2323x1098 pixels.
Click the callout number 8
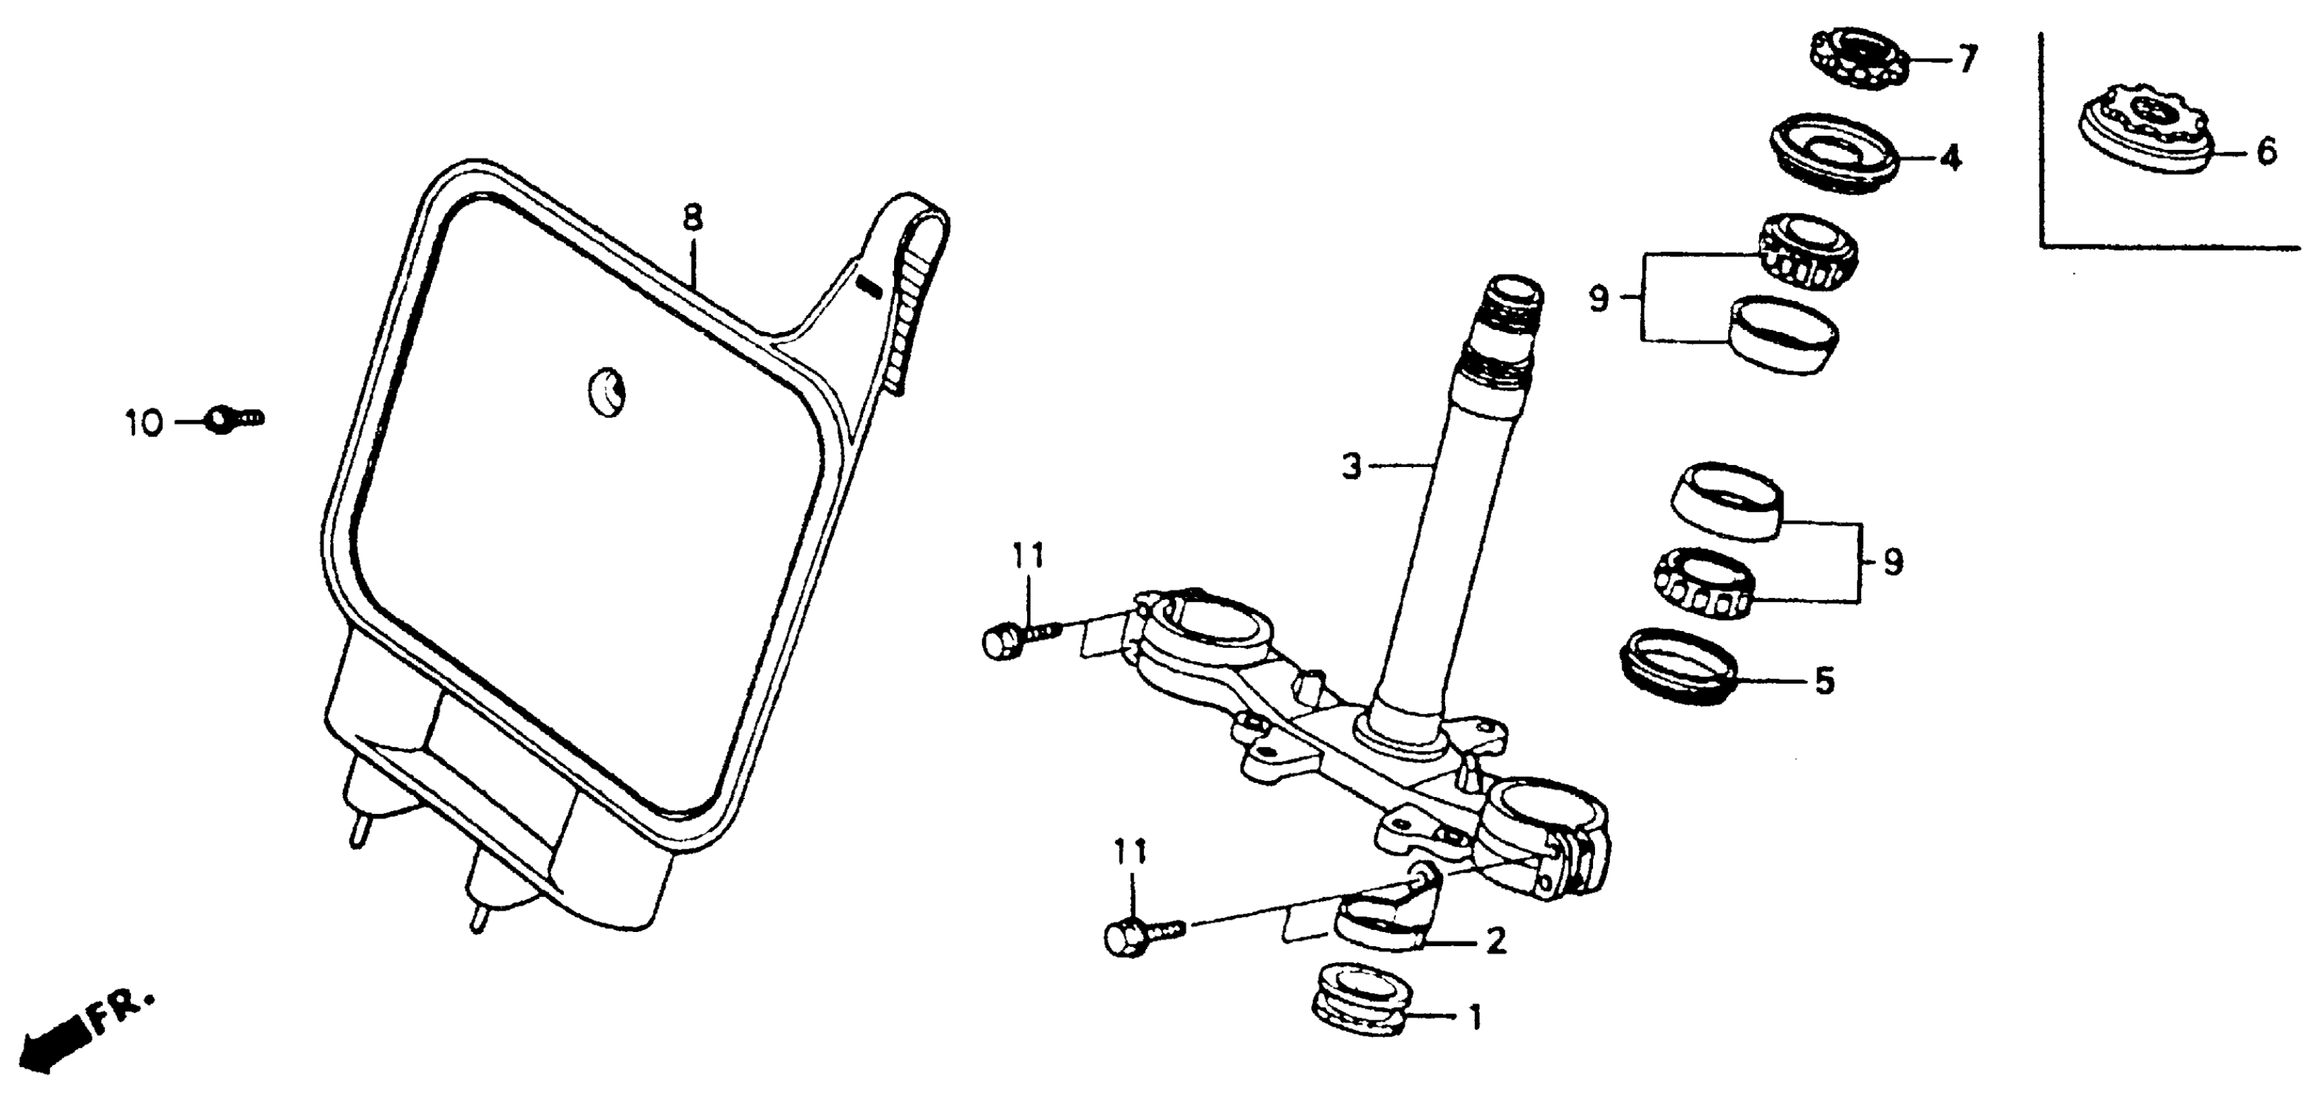point(693,218)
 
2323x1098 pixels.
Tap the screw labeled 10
point(234,419)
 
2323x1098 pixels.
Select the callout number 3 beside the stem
point(1351,467)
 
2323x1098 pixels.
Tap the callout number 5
point(1824,681)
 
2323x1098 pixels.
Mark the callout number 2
point(1495,942)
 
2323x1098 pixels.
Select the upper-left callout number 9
point(1599,298)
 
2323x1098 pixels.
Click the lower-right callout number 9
point(1893,563)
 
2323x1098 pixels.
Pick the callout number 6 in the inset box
point(2266,151)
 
